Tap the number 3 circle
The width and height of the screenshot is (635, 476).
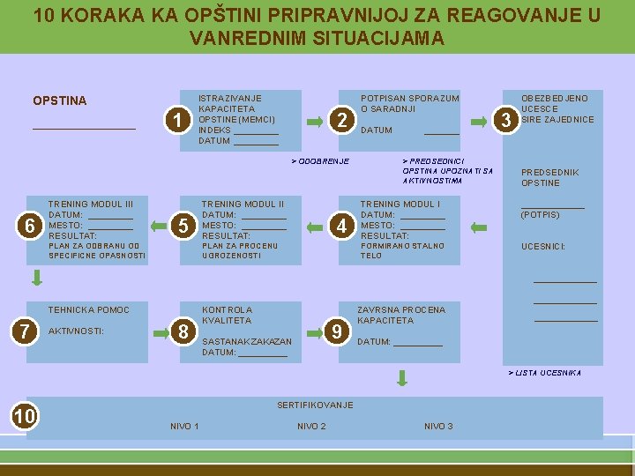(x=506, y=120)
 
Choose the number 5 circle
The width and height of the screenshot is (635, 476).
(x=183, y=226)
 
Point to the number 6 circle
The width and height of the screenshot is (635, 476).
(x=30, y=226)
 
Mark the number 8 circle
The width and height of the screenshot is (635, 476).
(x=183, y=331)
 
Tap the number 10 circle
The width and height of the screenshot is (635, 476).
(x=25, y=415)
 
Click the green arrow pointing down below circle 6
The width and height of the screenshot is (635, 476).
(x=37, y=279)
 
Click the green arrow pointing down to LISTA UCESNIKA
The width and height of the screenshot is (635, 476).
(x=402, y=377)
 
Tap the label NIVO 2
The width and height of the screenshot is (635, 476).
(x=311, y=427)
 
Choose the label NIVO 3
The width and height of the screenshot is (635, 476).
(x=438, y=427)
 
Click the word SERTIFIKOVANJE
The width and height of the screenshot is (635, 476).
(x=315, y=405)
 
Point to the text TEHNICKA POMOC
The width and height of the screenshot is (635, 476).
(x=88, y=309)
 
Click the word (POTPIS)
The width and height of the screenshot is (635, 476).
(x=540, y=214)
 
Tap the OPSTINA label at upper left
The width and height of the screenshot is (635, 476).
(x=59, y=100)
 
